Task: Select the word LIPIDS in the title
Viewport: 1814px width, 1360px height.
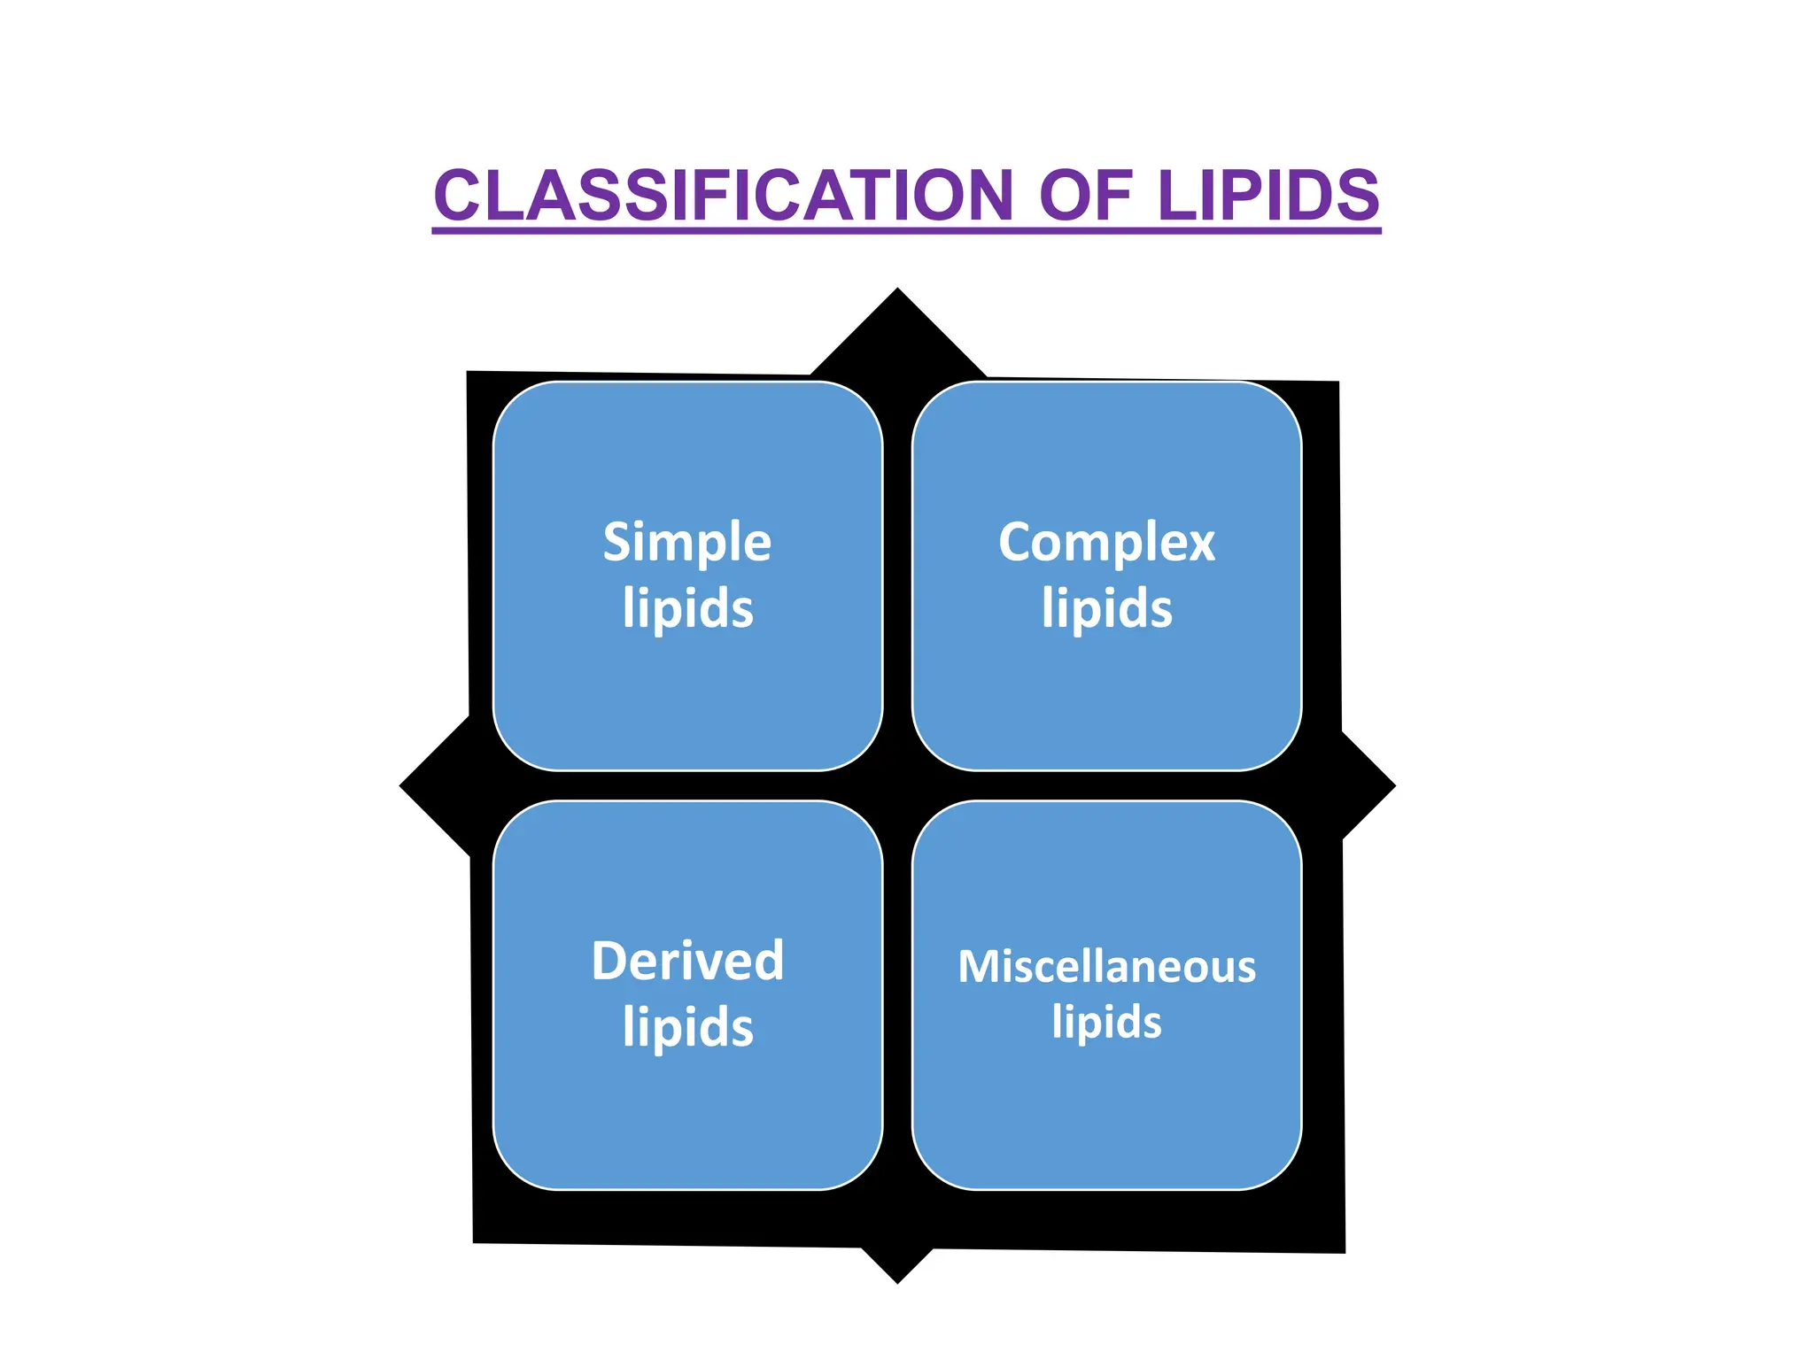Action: coord(1268,196)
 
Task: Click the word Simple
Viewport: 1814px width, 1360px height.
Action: coord(687,542)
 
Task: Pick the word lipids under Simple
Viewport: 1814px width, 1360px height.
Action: coord(687,608)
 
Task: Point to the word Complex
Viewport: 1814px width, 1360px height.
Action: coord(1106,542)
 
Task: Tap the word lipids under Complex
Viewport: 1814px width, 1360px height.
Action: coord(1106,608)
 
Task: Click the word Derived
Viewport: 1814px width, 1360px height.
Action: coord(687,961)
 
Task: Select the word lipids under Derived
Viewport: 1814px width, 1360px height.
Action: coord(687,1027)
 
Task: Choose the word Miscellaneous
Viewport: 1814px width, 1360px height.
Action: coord(1106,966)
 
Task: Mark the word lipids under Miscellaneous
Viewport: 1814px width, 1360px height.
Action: coord(1106,1022)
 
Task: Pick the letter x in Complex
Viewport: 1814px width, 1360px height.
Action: coord(1200,544)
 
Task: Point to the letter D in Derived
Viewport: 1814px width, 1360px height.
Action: coord(610,961)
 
